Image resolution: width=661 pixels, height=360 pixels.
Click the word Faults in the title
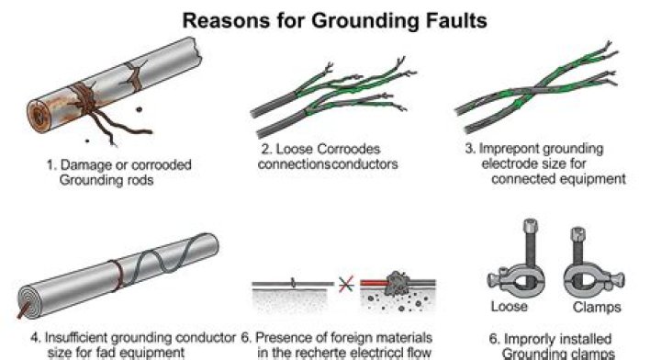[458, 20]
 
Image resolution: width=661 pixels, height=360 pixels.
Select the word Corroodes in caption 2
[348, 149]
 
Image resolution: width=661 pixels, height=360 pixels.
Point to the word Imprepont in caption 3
[509, 149]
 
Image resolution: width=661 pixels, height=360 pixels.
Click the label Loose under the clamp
[509, 306]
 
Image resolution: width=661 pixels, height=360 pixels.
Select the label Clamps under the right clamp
[597, 307]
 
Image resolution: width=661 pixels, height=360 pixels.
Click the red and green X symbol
[346, 284]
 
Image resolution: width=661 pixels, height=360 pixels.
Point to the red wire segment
[373, 284]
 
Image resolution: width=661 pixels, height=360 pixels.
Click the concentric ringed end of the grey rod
[29, 300]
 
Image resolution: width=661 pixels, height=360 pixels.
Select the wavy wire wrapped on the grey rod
[169, 255]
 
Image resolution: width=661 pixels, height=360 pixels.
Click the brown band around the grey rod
[118, 276]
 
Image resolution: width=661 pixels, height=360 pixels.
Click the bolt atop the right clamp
[578, 246]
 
